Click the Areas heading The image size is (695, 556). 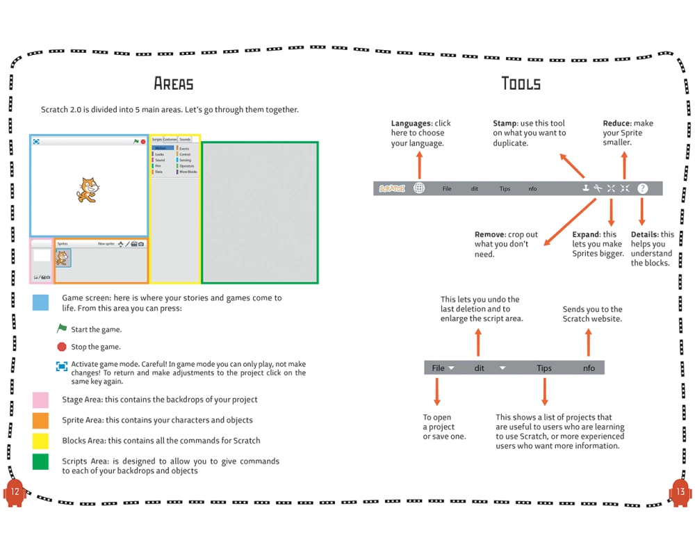pos(174,84)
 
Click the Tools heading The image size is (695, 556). pos(521,84)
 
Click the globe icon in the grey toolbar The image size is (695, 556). pos(419,188)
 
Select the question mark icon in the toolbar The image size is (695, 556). pos(642,188)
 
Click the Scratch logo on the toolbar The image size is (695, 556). pos(391,188)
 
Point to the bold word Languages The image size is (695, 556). pos(411,123)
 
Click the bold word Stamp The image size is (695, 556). pos(505,123)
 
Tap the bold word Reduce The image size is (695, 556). pos(616,123)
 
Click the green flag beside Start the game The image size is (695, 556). pos(62,329)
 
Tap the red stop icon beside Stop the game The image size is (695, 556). pos(62,347)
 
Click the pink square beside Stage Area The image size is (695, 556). pos(40,400)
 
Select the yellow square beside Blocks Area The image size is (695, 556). pos(40,441)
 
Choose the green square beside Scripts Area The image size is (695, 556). pos(40,461)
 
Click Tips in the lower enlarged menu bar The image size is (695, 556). pos(544,368)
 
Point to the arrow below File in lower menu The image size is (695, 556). pos(437,392)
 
